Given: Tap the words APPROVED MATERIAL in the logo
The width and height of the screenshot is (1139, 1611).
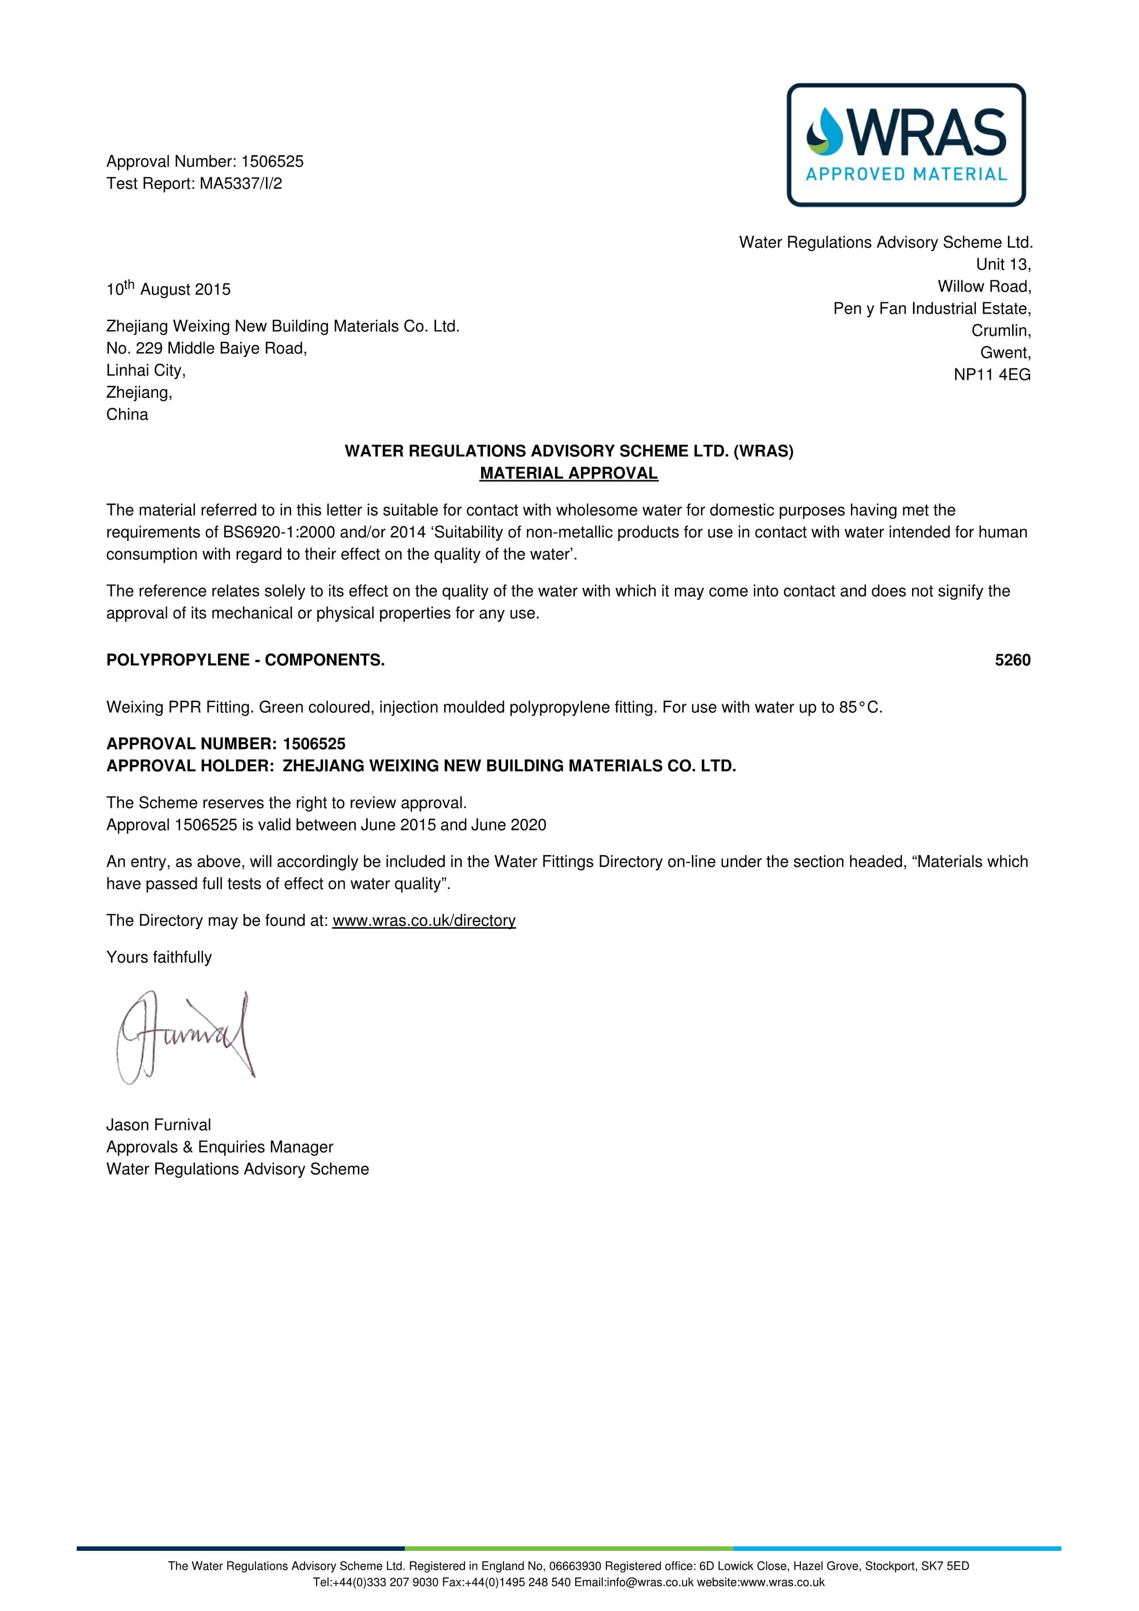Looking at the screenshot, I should (x=906, y=174).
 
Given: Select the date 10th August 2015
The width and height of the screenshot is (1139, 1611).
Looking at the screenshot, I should (x=169, y=289).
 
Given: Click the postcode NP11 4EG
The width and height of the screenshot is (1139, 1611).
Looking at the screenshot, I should (x=992, y=375).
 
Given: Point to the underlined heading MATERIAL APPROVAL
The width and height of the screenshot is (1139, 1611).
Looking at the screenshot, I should (x=568, y=473).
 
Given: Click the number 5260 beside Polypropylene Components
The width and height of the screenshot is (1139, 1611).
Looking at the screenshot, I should (x=1012, y=660).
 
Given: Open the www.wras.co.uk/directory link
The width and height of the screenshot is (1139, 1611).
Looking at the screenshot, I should (x=424, y=921).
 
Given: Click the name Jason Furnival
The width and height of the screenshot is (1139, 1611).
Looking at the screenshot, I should (x=159, y=1125).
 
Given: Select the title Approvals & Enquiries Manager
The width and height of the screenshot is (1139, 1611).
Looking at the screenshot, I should (x=220, y=1147).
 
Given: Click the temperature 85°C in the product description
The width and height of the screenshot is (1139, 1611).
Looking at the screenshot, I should (x=860, y=707).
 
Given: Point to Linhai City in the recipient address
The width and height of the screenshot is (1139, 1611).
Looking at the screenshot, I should (x=145, y=371).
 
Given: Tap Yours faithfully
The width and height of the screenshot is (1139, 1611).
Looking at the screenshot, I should (x=159, y=957).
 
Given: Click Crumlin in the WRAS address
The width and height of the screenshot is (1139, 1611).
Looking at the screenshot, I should (x=1001, y=331).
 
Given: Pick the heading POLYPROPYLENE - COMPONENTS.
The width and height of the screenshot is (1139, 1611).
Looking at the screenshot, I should (x=245, y=660).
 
